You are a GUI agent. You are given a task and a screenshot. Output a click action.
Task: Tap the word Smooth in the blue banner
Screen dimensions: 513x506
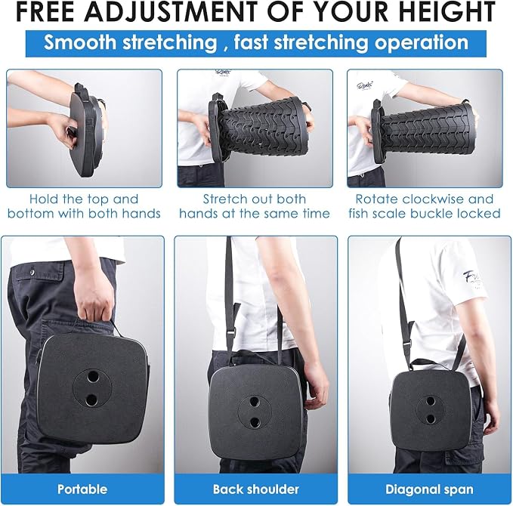point(80,42)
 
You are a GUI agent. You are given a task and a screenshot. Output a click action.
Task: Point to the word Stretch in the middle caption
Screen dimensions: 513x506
point(224,199)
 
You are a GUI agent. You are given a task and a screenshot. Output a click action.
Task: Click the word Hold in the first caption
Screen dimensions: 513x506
point(41,199)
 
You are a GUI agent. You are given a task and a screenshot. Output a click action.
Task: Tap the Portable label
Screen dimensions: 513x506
point(82,489)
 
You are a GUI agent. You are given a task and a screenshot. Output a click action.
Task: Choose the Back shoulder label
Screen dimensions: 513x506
point(256,489)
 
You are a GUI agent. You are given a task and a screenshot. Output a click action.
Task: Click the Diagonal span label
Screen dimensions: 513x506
point(429,490)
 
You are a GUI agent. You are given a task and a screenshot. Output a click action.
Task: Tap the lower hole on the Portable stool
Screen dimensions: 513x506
point(91,400)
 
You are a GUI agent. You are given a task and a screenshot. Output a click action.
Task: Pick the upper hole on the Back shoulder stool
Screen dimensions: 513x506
point(255,401)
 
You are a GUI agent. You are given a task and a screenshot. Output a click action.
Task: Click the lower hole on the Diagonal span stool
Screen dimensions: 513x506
point(431,418)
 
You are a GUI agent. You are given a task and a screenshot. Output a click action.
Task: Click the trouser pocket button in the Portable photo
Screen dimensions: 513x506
point(32,271)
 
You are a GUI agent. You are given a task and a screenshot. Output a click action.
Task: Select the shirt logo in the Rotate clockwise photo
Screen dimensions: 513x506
point(365,85)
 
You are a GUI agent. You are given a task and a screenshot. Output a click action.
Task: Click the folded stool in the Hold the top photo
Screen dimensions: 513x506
point(87,130)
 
